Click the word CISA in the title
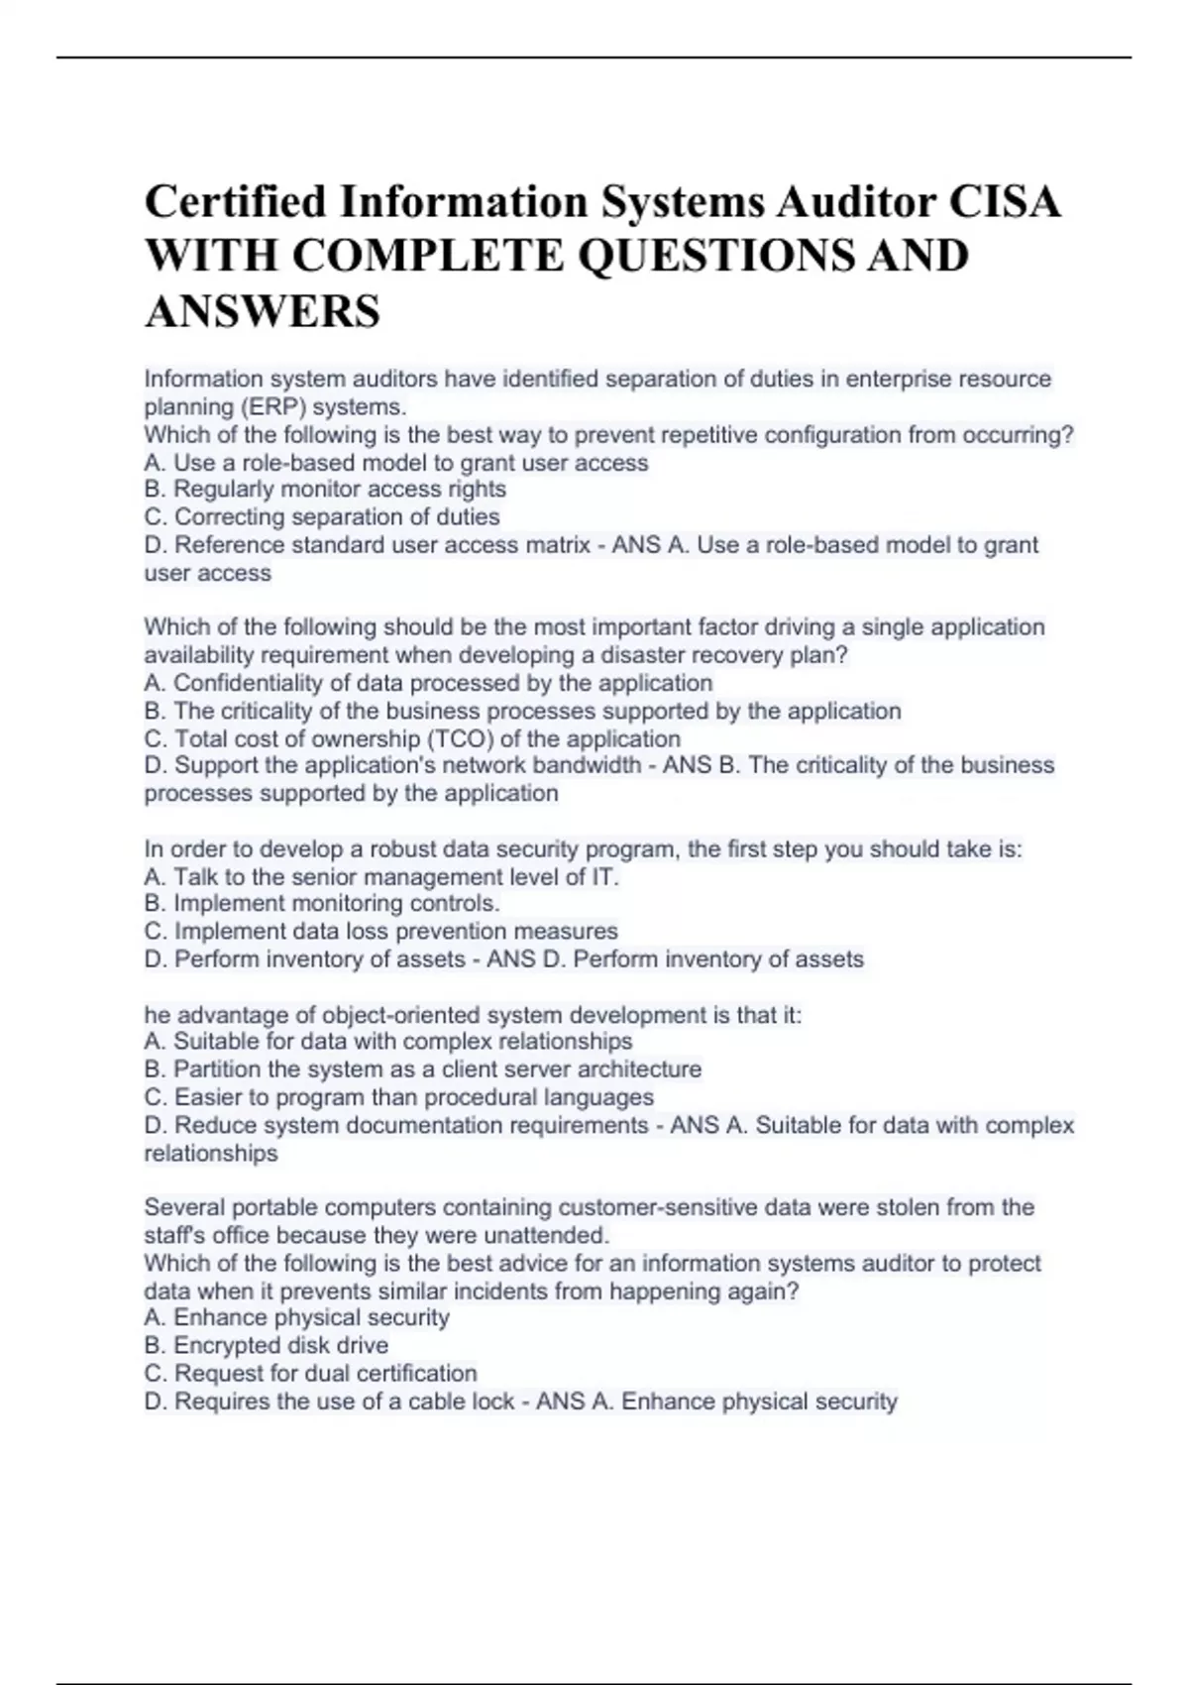pos(1005,202)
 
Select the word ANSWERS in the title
pos(263,311)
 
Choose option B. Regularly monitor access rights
pos(325,490)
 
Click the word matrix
pos(550,545)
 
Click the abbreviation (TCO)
pos(459,739)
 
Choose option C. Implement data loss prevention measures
pos(380,932)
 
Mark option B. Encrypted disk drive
pos(266,1346)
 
